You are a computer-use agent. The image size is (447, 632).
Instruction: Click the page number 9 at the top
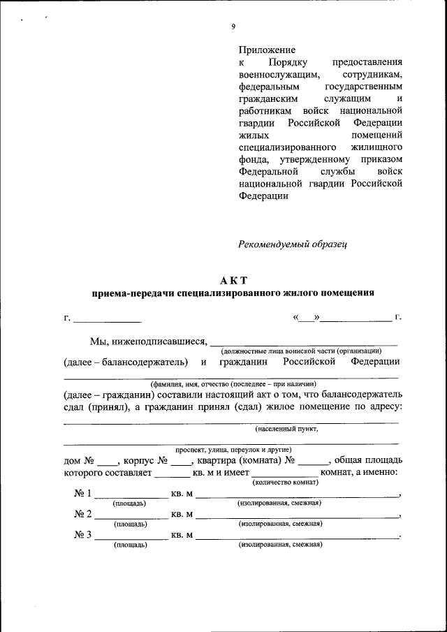233,27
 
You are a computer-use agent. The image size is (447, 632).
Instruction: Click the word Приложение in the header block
267,50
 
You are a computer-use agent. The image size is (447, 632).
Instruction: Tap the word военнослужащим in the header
279,74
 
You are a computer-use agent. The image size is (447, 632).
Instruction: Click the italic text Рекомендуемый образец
293,244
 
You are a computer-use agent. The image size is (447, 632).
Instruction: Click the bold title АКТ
233,280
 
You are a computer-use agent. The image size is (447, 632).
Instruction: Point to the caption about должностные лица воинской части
301,351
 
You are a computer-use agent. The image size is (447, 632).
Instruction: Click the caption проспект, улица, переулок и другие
233,450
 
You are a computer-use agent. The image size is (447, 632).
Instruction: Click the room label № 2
82,515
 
